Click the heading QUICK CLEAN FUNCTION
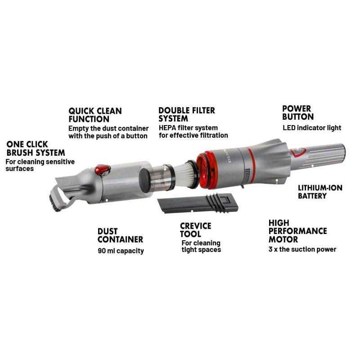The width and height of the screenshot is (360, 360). [x=95, y=115]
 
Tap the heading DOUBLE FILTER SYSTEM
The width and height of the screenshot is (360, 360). [x=187, y=115]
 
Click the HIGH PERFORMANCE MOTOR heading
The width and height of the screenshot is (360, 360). [x=297, y=231]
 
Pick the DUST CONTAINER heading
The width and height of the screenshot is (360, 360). [x=120, y=235]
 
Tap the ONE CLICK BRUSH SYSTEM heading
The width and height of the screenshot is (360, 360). [x=36, y=148]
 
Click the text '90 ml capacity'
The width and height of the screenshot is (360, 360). [x=121, y=251]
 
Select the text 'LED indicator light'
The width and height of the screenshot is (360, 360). [x=312, y=128]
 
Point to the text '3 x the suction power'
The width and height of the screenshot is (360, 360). [x=302, y=249]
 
